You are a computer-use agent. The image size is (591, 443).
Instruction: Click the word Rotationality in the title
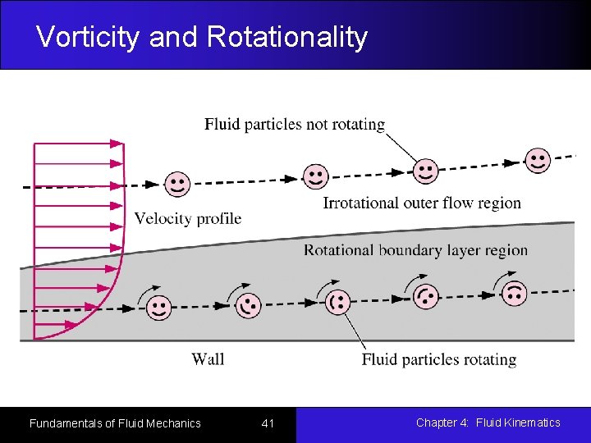coord(287,37)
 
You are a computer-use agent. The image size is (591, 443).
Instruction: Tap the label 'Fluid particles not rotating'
coord(295,125)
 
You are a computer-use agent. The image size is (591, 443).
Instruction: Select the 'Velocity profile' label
coord(187,218)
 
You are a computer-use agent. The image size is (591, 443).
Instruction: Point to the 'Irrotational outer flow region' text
coord(422,203)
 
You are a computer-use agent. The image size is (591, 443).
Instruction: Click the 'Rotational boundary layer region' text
coord(415,250)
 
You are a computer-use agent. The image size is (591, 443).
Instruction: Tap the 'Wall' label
coord(208,359)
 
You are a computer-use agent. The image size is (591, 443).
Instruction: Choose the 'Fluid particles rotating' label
coord(439,359)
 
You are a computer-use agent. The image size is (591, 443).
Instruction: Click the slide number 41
coord(268,423)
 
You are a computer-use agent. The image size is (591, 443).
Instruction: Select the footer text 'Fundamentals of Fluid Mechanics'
coord(115,423)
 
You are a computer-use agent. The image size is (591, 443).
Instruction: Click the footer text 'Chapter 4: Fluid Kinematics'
coord(488,422)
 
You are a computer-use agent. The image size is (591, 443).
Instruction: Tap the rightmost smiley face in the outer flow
coord(538,161)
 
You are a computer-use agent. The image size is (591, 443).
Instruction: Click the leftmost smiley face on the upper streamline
coord(176,184)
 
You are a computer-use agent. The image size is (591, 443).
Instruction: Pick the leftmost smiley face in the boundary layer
coord(159,308)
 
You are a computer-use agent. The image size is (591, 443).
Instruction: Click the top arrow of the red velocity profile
coord(78,144)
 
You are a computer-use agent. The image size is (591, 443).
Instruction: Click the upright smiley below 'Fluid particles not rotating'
coord(425,171)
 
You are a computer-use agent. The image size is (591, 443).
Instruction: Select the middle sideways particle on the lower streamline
coord(337,302)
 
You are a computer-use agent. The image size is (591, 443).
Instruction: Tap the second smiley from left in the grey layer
coord(248,305)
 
